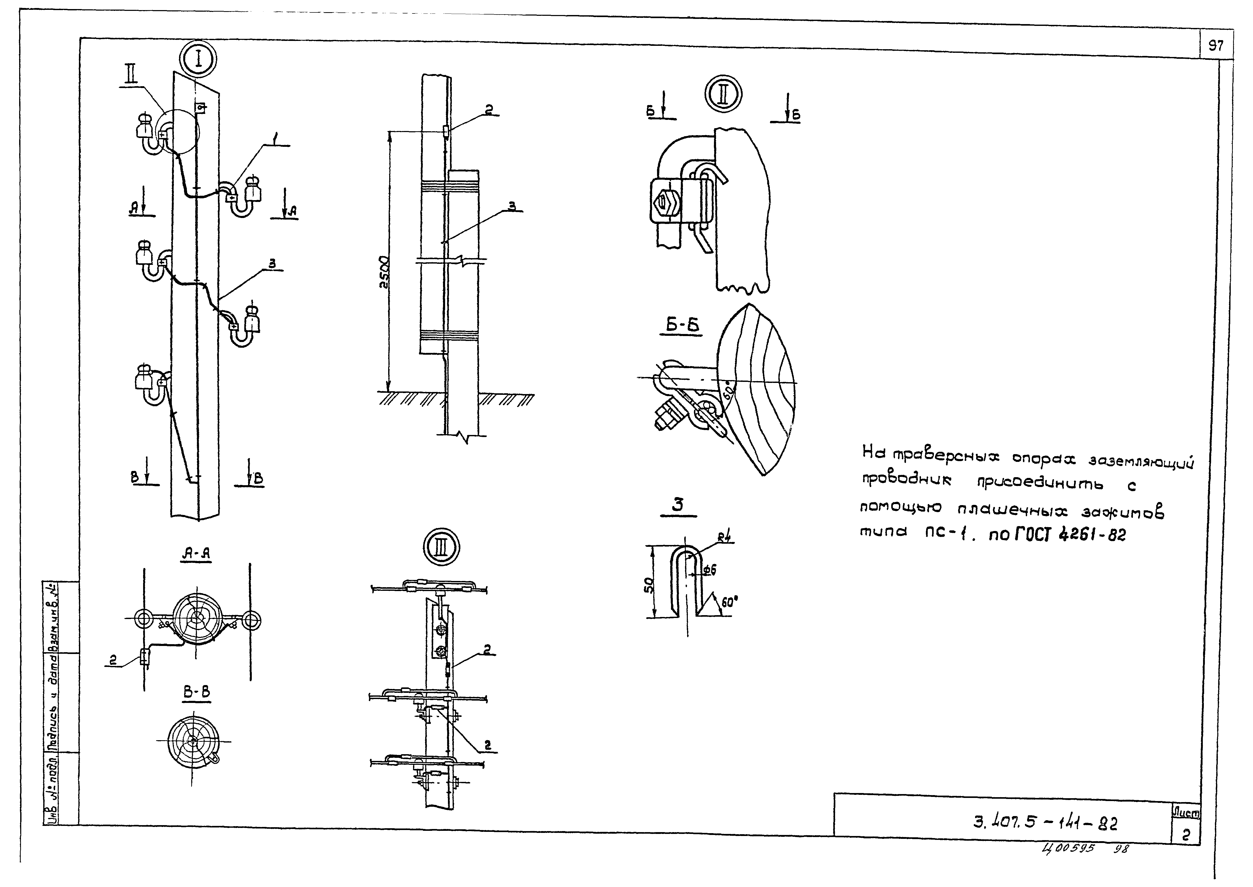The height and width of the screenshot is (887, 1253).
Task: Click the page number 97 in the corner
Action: (1215, 46)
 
